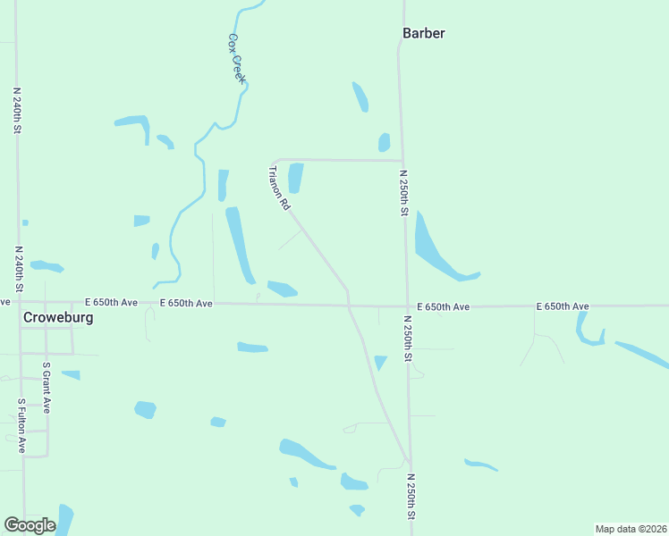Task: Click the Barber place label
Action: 423,33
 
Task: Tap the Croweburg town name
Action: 58,317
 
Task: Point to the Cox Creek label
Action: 236,58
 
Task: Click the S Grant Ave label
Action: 47,387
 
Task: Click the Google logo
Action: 30,525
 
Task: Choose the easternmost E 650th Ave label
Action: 563,306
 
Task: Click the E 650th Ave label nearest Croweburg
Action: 111,303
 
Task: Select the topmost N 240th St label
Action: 17,110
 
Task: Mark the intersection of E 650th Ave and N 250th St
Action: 407,306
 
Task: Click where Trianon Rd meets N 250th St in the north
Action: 402,162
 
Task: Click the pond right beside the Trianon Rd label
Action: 295,177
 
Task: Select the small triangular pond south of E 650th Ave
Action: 380,362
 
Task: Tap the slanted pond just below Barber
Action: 360,96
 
